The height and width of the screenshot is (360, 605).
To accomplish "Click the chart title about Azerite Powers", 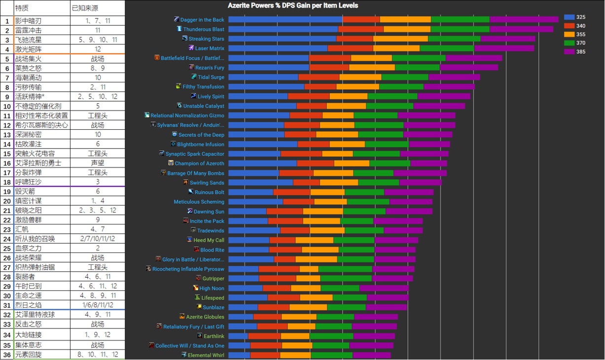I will [x=293, y=5].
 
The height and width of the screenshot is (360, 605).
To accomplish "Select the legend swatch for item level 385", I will [x=569, y=51].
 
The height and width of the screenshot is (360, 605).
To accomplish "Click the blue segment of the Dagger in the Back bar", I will [x=285, y=20].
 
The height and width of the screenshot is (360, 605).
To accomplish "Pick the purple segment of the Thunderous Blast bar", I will [x=521, y=29].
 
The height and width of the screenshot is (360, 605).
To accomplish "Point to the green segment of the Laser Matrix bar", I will [x=447, y=48].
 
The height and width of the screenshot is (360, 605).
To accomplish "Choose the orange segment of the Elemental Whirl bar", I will [x=295, y=355].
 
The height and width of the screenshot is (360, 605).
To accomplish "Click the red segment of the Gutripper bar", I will [x=278, y=279].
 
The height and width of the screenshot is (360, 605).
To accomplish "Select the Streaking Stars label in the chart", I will [x=206, y=39].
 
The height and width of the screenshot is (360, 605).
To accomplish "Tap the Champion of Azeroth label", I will [x=199, y=163].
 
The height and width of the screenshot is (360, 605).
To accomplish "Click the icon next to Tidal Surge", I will [x=194, y=77].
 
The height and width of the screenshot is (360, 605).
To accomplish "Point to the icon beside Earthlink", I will [x=200, y=336].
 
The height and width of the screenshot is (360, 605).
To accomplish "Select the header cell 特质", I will [x=22, y=8].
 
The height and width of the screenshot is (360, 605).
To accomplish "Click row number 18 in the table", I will [x=7, y=182].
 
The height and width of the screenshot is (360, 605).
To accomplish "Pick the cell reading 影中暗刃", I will [x=29, y=21].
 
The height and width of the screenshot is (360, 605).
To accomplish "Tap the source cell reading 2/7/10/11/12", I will [x=98, y=239].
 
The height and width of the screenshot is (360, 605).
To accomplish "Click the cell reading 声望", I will [x=98, y=163].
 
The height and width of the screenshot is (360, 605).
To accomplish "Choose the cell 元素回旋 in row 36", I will [x=29, y=355].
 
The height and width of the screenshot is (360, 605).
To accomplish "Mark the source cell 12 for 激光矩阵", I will [x=98, y=49].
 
